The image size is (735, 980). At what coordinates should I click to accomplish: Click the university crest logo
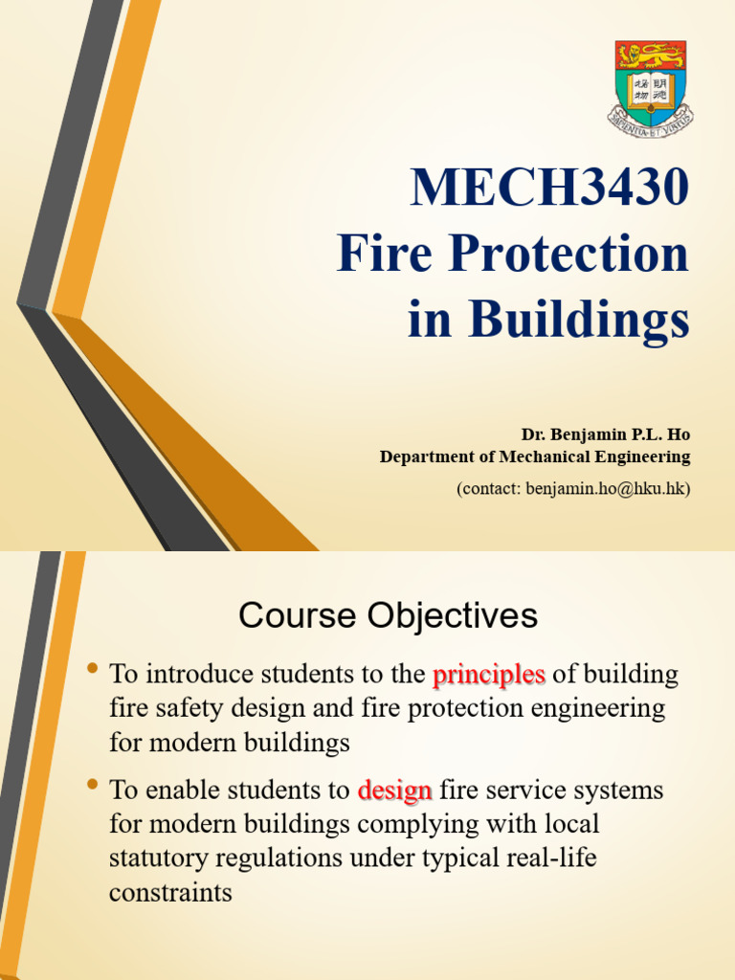pyautogui.click(x=650, y=84)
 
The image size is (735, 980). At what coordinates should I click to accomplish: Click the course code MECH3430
pyautogui.click(x=549, y=188)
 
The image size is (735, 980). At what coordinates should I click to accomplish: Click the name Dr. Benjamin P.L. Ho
pyautogui.click(x=605, y=434)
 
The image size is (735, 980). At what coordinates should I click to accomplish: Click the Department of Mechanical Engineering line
pyautogui.click(x=534, y=457)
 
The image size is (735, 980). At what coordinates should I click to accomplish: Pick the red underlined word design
pyautogui.click(x=394, y=791)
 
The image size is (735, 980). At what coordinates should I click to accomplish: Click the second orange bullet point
pyautogui.click(x=93, y=785)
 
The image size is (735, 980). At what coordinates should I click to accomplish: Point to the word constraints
pyautogui.click(x=170, y=892)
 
